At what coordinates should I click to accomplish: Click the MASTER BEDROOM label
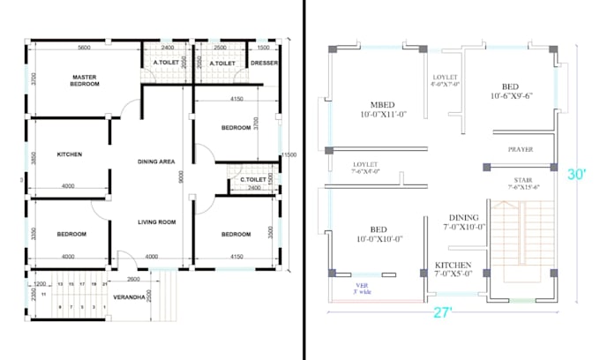click(85, 80)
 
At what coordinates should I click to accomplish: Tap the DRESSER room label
click(265, 63)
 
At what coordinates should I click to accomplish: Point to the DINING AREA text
click(159, 161)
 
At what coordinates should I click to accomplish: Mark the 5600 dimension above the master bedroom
click(85, 47)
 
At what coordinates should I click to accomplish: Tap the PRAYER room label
click(520, 149)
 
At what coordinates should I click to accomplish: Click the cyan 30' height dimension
click(577, 175)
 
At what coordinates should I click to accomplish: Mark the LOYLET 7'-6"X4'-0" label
click(365, 168)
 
